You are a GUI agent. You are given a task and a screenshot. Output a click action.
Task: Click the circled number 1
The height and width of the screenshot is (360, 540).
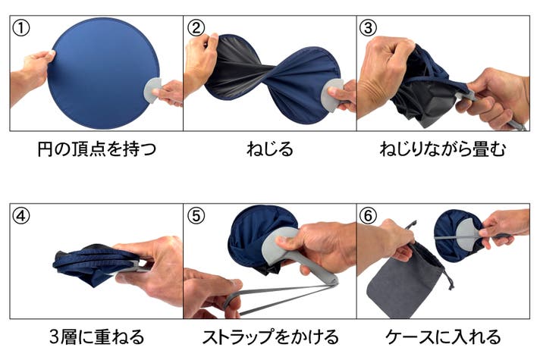pos(20,28)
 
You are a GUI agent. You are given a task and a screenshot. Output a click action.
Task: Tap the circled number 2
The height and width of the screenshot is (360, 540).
pos(195,28)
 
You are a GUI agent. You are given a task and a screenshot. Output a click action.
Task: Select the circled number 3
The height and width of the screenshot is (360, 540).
pos(368,28)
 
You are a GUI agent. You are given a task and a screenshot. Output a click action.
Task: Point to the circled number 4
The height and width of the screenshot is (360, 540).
pos(20,216)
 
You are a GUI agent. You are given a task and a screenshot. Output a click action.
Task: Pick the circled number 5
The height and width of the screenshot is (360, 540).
pos(195,216)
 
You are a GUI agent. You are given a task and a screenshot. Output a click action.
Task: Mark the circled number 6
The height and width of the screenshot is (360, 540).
pos(368,216)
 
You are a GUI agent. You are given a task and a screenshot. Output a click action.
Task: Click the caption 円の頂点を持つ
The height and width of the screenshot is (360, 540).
pos(96,149)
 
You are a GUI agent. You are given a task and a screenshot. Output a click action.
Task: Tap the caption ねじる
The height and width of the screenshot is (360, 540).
pos(270,149)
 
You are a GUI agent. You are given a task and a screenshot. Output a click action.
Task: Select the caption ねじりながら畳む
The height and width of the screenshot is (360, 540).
pos(443,149)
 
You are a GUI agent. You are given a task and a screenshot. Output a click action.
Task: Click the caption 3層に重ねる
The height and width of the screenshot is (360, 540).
pos(97,337)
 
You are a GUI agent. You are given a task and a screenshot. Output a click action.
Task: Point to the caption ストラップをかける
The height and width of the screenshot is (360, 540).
pos(270,337)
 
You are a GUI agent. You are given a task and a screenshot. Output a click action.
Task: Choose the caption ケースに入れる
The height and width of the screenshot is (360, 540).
pos(443,337)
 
